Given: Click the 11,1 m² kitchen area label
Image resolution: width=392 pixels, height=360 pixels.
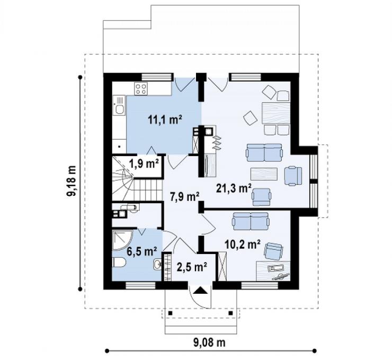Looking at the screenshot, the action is pos(165,120).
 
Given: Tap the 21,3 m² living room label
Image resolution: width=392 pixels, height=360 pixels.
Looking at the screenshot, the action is pos(234,188).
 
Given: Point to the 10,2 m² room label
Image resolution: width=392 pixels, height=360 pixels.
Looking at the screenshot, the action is pos(243,245).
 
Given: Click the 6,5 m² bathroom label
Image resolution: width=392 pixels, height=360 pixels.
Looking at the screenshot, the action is pos(142,251).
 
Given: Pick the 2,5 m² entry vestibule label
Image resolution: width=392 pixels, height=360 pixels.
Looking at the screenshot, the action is pos(192,267).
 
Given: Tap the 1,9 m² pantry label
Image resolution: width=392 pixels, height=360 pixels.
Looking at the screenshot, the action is pos(144,164).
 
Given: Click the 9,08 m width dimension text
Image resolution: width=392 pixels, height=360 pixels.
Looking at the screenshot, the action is pos(209,342).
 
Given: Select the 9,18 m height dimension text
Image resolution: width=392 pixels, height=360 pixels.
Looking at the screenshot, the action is pos(72,181).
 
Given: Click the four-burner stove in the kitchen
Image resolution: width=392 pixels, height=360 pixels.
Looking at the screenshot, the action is pos(141,89).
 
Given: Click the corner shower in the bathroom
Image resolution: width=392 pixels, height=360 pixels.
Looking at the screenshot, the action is pos(122,240).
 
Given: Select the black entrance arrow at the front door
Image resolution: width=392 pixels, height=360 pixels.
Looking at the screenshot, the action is pos(200,290).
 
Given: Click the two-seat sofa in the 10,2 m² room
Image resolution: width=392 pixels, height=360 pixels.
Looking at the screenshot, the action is pos(251,221).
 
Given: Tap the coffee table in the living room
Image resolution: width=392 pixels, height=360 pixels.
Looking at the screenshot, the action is pos(264,174).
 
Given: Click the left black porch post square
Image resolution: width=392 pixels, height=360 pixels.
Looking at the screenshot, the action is pos(170,313).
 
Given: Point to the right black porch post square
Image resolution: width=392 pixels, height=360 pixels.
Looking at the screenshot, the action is pos(230,313).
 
